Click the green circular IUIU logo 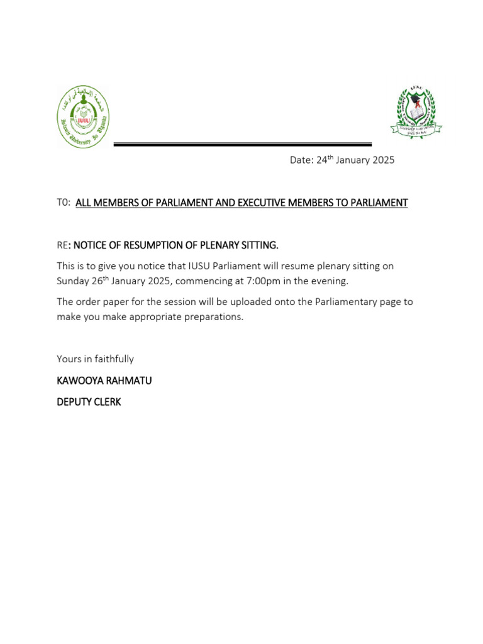pyautogui.click(x=83, y=117)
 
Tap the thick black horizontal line pyautogui.click(x=242, y=145)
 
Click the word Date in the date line pyautogui.click(x=301, y=160)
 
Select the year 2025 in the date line pyautogui.click(x=383, y=160)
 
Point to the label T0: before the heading pyautogui.click(x=64, y=203)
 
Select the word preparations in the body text pyautogui.click(x=212, y=317)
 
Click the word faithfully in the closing pyautogui.click(x=114, y=359)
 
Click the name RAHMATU pyautogui.click(x=131, y=381)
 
